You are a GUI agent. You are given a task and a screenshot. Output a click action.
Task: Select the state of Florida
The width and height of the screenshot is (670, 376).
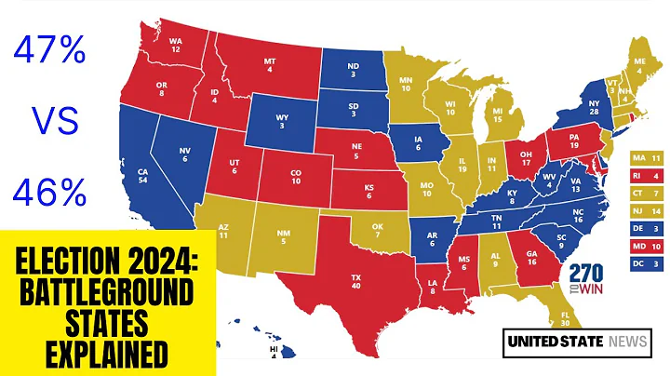tap(561, 319)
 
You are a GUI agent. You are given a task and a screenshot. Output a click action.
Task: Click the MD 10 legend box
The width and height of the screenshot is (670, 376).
tap(645, 245)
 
